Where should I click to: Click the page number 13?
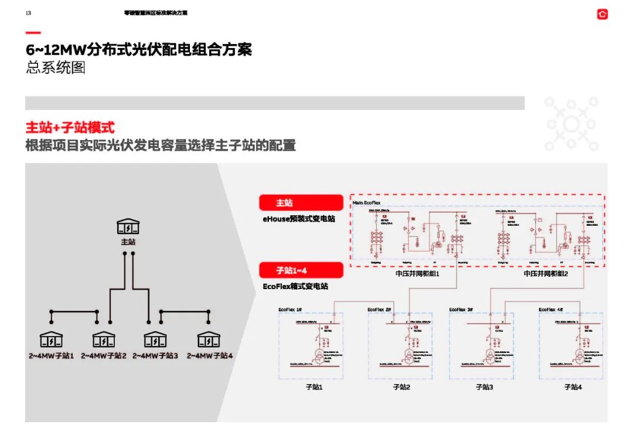[28, 13]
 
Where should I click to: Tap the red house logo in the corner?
[603, 14]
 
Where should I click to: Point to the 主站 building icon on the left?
[128, 226]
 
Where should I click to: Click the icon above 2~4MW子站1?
[51, 340]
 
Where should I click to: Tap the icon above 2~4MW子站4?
[208, 340]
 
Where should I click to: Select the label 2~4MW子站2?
[104, 356]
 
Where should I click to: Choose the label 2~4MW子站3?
[155, 356]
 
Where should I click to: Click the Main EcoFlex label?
[366, 203]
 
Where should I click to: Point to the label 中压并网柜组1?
[417, 274]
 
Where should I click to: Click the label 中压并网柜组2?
[546, 274]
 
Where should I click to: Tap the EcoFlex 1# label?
[290, 310]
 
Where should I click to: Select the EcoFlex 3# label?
[461, 310]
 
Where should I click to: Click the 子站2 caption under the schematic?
[401, 387]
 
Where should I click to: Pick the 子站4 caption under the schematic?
[573, 387]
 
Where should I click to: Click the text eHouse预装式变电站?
[299, 219]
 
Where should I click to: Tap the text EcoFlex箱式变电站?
[295, 286]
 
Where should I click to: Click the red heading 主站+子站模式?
[70, 127]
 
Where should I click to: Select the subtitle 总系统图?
[56, 67]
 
